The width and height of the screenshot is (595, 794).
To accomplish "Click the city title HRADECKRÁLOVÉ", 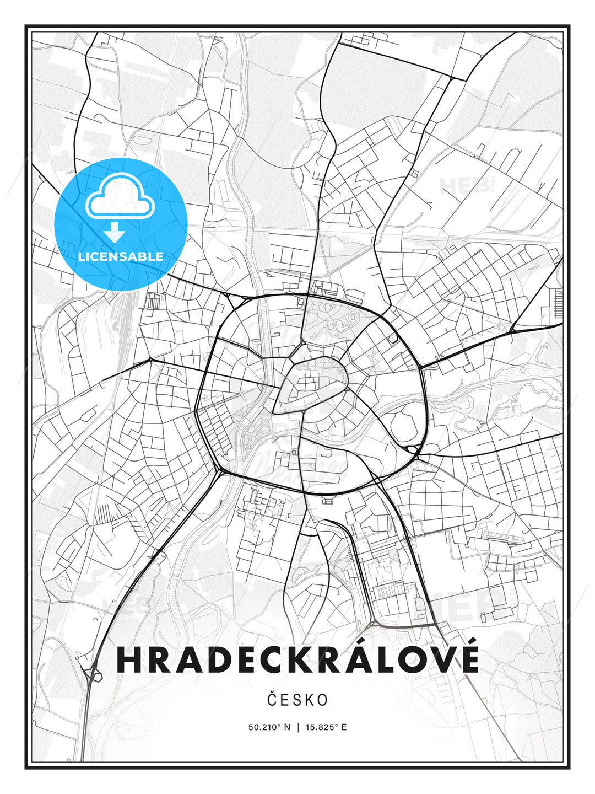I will [297, 659].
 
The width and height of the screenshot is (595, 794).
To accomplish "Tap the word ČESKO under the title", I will [297, 700].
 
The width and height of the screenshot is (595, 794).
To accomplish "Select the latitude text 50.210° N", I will [269, 727].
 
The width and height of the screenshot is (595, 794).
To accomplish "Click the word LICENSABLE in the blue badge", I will [121, 256].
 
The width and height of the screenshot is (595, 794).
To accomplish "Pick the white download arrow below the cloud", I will [115, 233].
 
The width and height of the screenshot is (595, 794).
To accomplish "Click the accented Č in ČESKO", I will [272, 700].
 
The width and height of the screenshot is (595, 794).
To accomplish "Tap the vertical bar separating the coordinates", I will [298, 727].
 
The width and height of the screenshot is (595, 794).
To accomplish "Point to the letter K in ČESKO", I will [309, 700].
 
